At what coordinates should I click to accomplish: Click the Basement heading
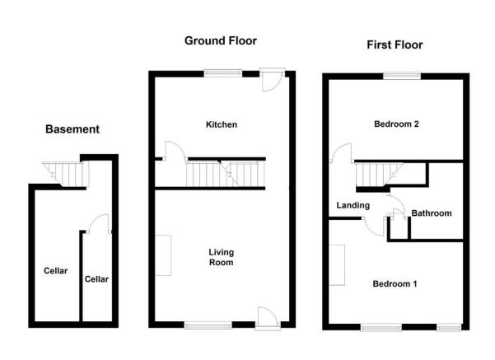[72, 129]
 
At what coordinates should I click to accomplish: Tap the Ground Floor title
[221, 40]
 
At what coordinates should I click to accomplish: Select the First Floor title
[395, 44]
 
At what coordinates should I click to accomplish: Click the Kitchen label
[222, 124]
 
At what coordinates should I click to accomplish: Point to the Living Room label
[222, 257]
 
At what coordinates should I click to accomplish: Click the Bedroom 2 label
[396, 124]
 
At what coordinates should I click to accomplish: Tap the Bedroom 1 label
[395, 283]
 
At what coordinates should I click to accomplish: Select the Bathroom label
[432, 213]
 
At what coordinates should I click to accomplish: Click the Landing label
[353, 206]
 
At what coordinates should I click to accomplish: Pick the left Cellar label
[55, 271]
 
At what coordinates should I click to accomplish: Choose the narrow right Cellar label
[96, 279]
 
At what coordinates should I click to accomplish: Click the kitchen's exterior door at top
[272, 80]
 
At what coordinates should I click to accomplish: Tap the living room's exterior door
[268, 318]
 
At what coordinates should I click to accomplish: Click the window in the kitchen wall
[223, 73]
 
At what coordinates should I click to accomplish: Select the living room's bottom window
[208, 325]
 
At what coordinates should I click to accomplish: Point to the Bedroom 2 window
[402, 76]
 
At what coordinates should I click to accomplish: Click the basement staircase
[66, 175]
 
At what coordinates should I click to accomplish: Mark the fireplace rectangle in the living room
[163, 255]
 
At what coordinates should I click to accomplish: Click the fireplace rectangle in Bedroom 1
[337, 265]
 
